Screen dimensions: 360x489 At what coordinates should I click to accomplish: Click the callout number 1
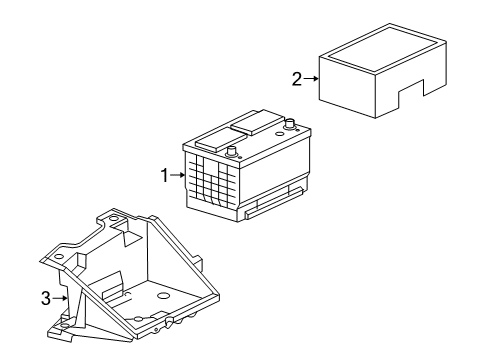click(165, 176)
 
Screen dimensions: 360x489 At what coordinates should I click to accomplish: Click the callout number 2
click(297, 80)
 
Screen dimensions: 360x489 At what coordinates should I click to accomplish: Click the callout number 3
click(46, 297)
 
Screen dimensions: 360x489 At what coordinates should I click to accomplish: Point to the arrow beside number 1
click(178, 176)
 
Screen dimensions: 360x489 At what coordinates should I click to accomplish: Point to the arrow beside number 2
click(311, 80)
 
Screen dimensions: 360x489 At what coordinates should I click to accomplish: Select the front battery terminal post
click(232, 152)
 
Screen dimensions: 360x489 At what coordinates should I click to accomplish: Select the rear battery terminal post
click(290, 126)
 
